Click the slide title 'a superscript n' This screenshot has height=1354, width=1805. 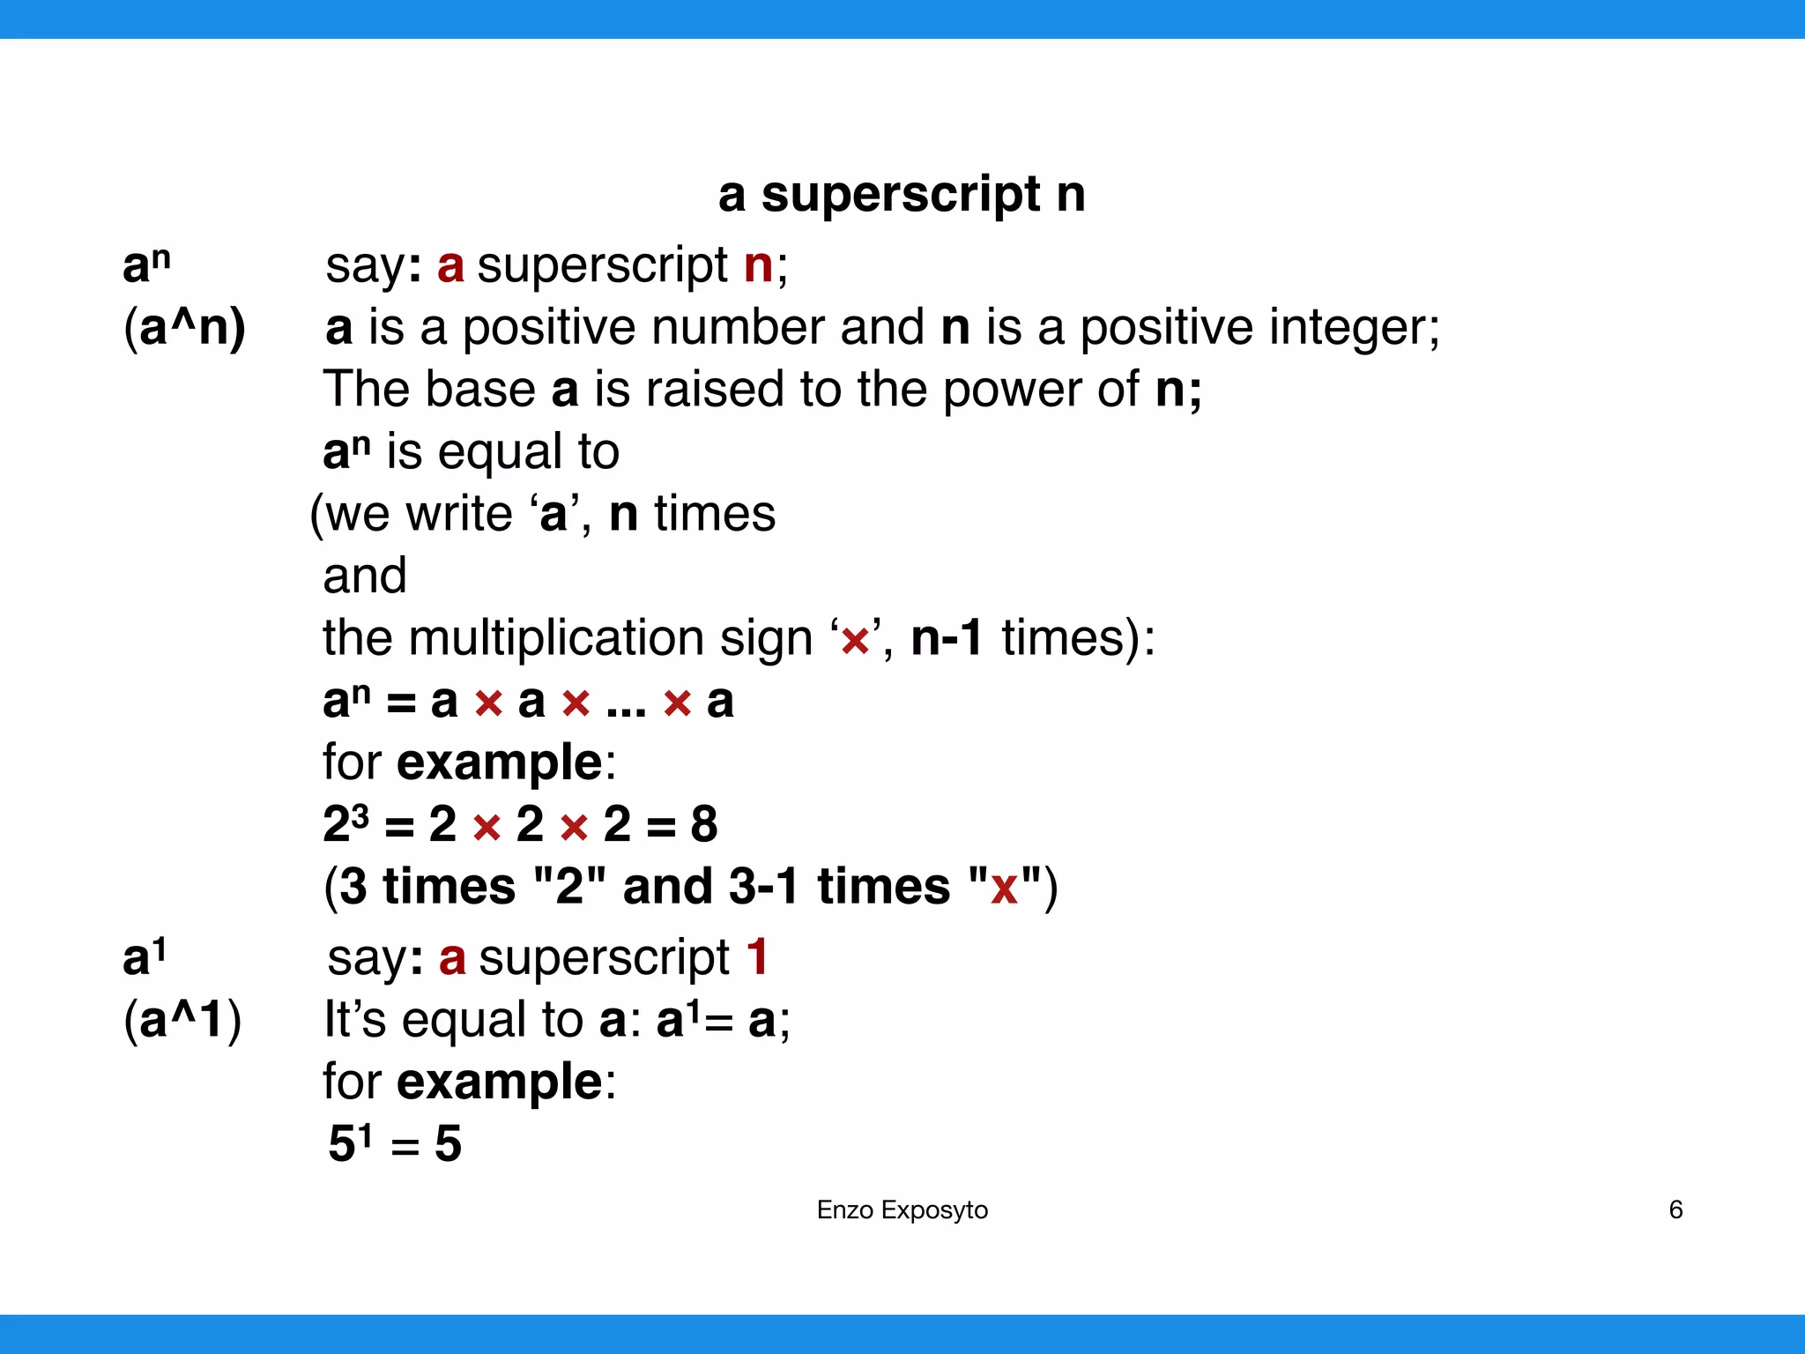coord(902,194)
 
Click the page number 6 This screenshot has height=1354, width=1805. coord(1675,1209)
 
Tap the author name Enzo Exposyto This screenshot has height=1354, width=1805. coord(902,1210)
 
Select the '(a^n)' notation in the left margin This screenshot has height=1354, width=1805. coord(184,328)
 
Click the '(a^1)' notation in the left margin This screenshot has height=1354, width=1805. coord(182,1020)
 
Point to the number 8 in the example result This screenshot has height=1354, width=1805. coord(703,825)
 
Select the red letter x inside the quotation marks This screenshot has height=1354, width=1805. coord(1004,888)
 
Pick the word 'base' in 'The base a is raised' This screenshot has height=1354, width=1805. coord(480,390)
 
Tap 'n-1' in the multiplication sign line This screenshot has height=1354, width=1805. coord(947,638)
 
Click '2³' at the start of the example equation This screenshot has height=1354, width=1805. coord(345,823)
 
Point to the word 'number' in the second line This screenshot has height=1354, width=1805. coord(739,328)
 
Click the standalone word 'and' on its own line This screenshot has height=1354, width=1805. coord(365,577)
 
